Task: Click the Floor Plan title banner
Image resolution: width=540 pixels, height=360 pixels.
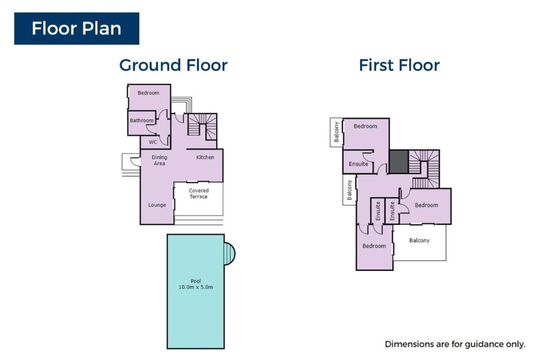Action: pyautogui.click(x=76, y=28)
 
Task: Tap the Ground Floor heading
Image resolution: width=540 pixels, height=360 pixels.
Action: pyautogui.click(x=173, y=65)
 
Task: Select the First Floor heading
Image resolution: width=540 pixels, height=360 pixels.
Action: pyautogui.click(x=399, y=65)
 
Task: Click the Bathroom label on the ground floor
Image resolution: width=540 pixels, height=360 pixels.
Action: pyautogui.click(x=141, y=120)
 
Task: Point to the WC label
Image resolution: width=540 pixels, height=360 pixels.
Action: pyautogui.click(x=152, y=142)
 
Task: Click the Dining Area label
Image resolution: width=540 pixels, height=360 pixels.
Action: pyautogui.click(x=159, y=160)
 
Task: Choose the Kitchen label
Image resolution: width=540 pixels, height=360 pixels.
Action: pyautogui.click(x=205, y=157)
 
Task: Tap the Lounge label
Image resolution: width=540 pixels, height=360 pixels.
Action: pyautogui.click(x=157, y=205)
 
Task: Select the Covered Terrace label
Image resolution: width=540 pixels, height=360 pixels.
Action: pyautogui.click(x=198, y=193)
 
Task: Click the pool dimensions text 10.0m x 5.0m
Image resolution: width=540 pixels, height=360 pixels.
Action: pyautogui.click(x=195, y=287)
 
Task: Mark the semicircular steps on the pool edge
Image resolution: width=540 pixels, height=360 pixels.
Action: pyautogui.click(x=229, y=253)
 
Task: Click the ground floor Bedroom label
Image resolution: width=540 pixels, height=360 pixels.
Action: pyautogui.click(x=148, y=92)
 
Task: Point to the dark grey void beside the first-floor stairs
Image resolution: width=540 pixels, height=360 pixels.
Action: pyautogui.click(x=399, y=161)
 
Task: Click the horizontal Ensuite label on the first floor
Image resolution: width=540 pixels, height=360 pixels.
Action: pyautogui.click(x=358, y=164)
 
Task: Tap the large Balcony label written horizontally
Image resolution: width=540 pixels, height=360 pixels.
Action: pyautogui.click(x=419, y=240)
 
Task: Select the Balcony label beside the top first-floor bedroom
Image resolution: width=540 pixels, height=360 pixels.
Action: pyautogui.click(x=336, y=132)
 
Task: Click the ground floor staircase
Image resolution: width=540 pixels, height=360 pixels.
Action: pyautogui.click(x=202, y=126)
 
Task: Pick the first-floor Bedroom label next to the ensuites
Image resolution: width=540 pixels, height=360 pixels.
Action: pyautogui.click(x=426, y=205)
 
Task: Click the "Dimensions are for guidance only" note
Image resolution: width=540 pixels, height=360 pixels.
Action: pyautogui.click(x=455, y=344)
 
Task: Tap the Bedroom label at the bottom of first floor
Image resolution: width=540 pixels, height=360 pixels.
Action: pyautogui.click(x=374, y=246)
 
